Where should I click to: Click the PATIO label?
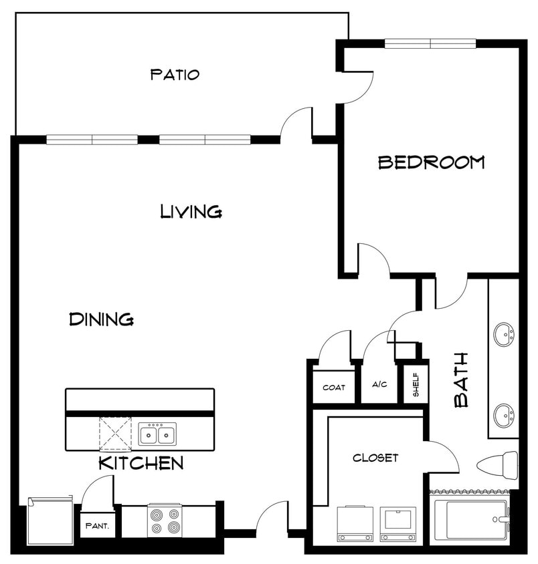175,74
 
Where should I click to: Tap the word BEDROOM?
431,162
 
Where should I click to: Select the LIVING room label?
191,212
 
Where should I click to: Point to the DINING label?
101,319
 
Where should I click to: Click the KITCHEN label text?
141,463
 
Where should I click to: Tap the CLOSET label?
375,458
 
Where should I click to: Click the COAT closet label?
334,388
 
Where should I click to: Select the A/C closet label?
379,385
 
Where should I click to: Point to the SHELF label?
416,386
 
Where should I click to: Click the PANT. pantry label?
97,525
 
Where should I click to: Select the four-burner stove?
165,521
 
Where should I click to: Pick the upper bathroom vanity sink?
504,332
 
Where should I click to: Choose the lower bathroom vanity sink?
504,415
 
